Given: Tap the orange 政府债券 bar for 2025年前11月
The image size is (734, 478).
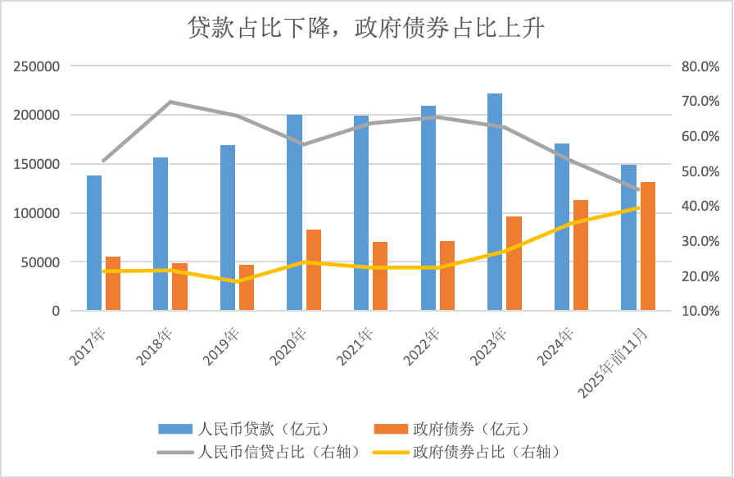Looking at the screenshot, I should point(647,246).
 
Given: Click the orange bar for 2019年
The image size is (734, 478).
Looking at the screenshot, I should point(247,288).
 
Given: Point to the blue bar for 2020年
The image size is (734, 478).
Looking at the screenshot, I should point(294,212).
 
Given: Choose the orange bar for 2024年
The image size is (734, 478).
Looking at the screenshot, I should point(581,255).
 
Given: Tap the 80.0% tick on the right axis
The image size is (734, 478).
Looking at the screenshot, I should point(700,66).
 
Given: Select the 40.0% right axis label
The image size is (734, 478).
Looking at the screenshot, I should point(700,207).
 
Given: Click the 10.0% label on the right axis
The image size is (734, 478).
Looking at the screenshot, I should point(700,312).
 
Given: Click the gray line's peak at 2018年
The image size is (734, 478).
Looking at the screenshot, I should point(169,102).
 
